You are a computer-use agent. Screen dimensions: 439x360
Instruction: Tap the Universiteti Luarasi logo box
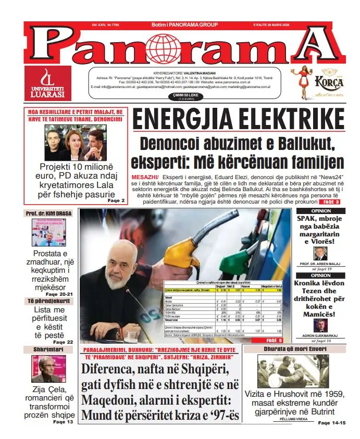(x=48, y=83)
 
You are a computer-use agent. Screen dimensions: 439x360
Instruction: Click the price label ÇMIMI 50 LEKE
(x=180, y=95)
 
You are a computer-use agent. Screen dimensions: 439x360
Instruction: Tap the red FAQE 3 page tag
(x=330, y=202)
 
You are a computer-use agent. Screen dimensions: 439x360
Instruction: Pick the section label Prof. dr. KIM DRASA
(x=48, y=214)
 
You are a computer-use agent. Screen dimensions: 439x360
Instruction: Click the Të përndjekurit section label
(x=48, y=301)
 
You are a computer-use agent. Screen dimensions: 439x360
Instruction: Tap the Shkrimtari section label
(x=48, y=350)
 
